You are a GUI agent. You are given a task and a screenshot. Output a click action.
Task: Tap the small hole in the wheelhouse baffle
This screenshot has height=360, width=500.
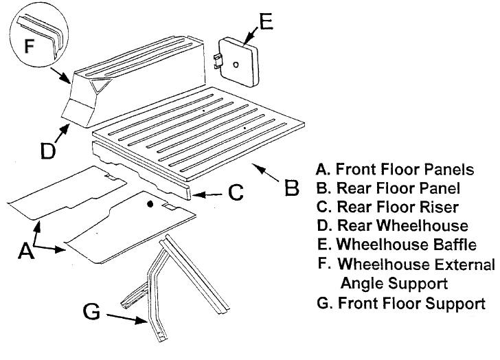point(235,65)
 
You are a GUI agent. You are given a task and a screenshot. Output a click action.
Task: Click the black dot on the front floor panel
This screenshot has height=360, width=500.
point(150,204)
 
